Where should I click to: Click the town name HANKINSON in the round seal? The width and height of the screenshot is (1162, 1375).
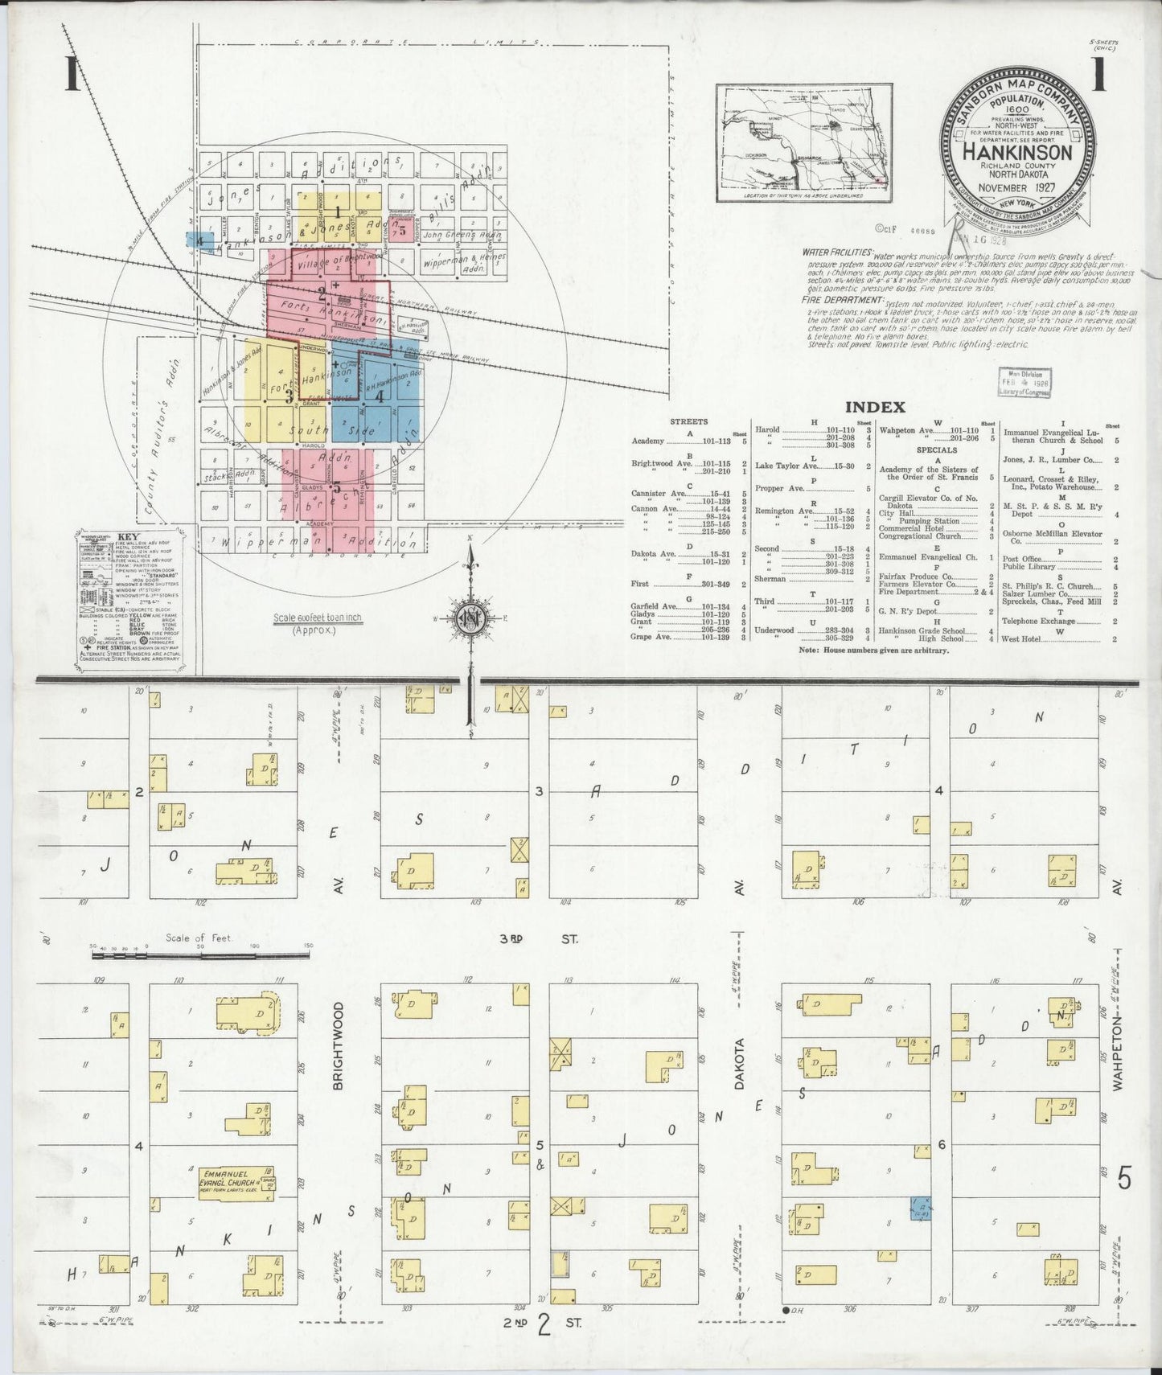(x=1020, y=152)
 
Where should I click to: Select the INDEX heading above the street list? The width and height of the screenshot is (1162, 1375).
(x=876, y=408)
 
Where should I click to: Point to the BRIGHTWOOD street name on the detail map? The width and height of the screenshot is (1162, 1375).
(x=338, y=1045)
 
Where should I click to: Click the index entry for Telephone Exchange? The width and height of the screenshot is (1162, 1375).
(x=1038, y=621)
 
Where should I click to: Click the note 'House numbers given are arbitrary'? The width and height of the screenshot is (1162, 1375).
(x=873, y=649)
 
